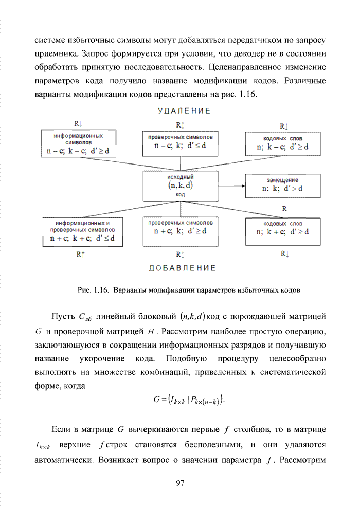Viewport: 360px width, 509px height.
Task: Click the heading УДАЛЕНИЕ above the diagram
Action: click(x=184, y=111)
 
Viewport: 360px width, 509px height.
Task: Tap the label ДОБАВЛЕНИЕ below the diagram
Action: click(x=183, y=268)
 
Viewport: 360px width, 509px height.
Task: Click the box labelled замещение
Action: click(x=282, y=184)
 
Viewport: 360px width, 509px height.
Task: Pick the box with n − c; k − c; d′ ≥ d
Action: click(x=79, y=144)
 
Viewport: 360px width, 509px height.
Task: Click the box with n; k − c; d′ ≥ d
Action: click(x=282, y=143)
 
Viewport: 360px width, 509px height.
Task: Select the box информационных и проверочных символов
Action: click(x=82, y=232)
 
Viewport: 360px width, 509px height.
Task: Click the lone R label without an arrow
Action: click(x=284, y=209)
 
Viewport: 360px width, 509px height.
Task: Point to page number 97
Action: click(x=179, y=482)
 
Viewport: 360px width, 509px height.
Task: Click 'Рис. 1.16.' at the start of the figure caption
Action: click(x=92, y=290)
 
